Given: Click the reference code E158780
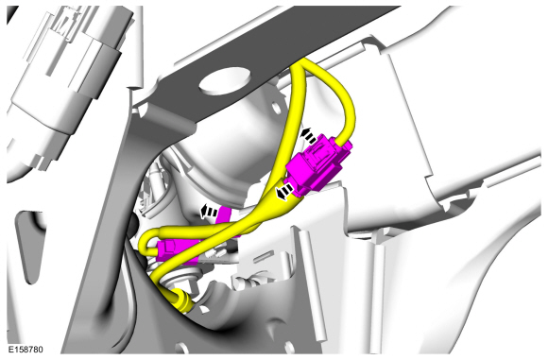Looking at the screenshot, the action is [x=26, y=350].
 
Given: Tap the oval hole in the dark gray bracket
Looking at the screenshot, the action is [x=225, y=81].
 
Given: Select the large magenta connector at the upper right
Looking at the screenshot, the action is [x=318, y=165].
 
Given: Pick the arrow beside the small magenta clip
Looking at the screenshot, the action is [x=209, y=212].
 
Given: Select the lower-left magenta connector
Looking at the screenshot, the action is [x=178, y=250].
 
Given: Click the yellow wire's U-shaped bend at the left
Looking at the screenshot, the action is [x=144, y=244].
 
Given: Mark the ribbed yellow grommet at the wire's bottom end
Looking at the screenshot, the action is [x=182, y=300].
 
